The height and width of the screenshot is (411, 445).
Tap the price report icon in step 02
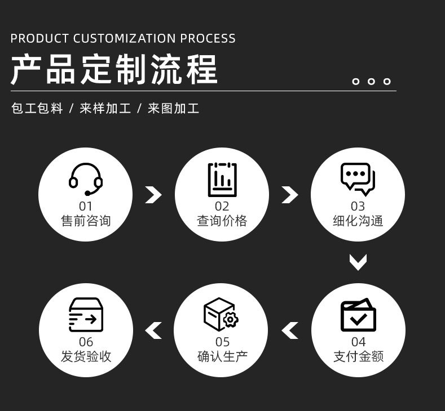pos(222,180)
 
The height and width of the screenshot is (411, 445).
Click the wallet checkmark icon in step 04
pos(358,315)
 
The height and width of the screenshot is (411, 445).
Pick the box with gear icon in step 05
pos(221,314)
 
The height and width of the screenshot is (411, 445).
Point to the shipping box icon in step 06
pos(86,315)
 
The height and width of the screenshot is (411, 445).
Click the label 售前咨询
pos(86,221)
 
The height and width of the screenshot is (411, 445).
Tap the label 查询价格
pos(222,221)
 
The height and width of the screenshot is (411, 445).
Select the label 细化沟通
pos(358,221)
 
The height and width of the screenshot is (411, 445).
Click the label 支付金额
pos(359,356)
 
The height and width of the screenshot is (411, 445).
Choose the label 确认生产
pos(222,356)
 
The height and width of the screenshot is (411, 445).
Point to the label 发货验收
pos(86,356)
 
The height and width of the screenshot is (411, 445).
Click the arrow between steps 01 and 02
pos(153,194)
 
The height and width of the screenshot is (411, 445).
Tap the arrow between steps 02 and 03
pos(289,194)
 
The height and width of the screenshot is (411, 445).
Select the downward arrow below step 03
pos(358,262)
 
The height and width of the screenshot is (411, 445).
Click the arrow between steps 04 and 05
pos(290,330)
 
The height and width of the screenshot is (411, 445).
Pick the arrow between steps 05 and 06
pos(153,330)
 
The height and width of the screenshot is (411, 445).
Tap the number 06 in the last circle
pos(86,342)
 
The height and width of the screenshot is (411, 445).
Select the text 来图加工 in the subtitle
pos(174,109)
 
